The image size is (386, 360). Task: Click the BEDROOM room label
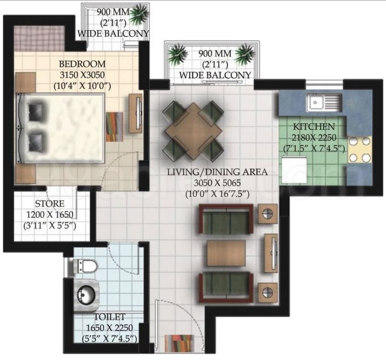click(x=82, y=64)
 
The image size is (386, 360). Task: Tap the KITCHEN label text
click(x=314, y=126)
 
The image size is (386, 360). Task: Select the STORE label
click(x=50, y=204)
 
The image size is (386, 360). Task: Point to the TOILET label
click(x=109, y=317)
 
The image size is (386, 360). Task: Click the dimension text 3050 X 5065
click(x=217, y=183)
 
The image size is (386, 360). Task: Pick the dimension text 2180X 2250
click(x=314, y=137)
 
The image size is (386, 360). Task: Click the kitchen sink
click(x=324, y=102)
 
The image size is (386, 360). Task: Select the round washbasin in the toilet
click(x=86, y=295)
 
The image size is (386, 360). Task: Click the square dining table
click(x=194, y=131)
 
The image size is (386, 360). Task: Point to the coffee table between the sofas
click(x=226, y=253)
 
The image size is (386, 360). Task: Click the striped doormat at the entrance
click(x=179, y=344)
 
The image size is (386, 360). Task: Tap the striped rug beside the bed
click(x=114, y=127)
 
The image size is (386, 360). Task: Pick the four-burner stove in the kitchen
click(x=359, y=149)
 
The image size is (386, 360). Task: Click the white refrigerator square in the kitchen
click(x=295, y=170)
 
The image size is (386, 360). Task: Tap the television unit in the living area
click(x=271, y=253)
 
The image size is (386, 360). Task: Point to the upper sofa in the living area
click(x=226, y=219)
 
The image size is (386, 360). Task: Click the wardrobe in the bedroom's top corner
click(x=39, y=38)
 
